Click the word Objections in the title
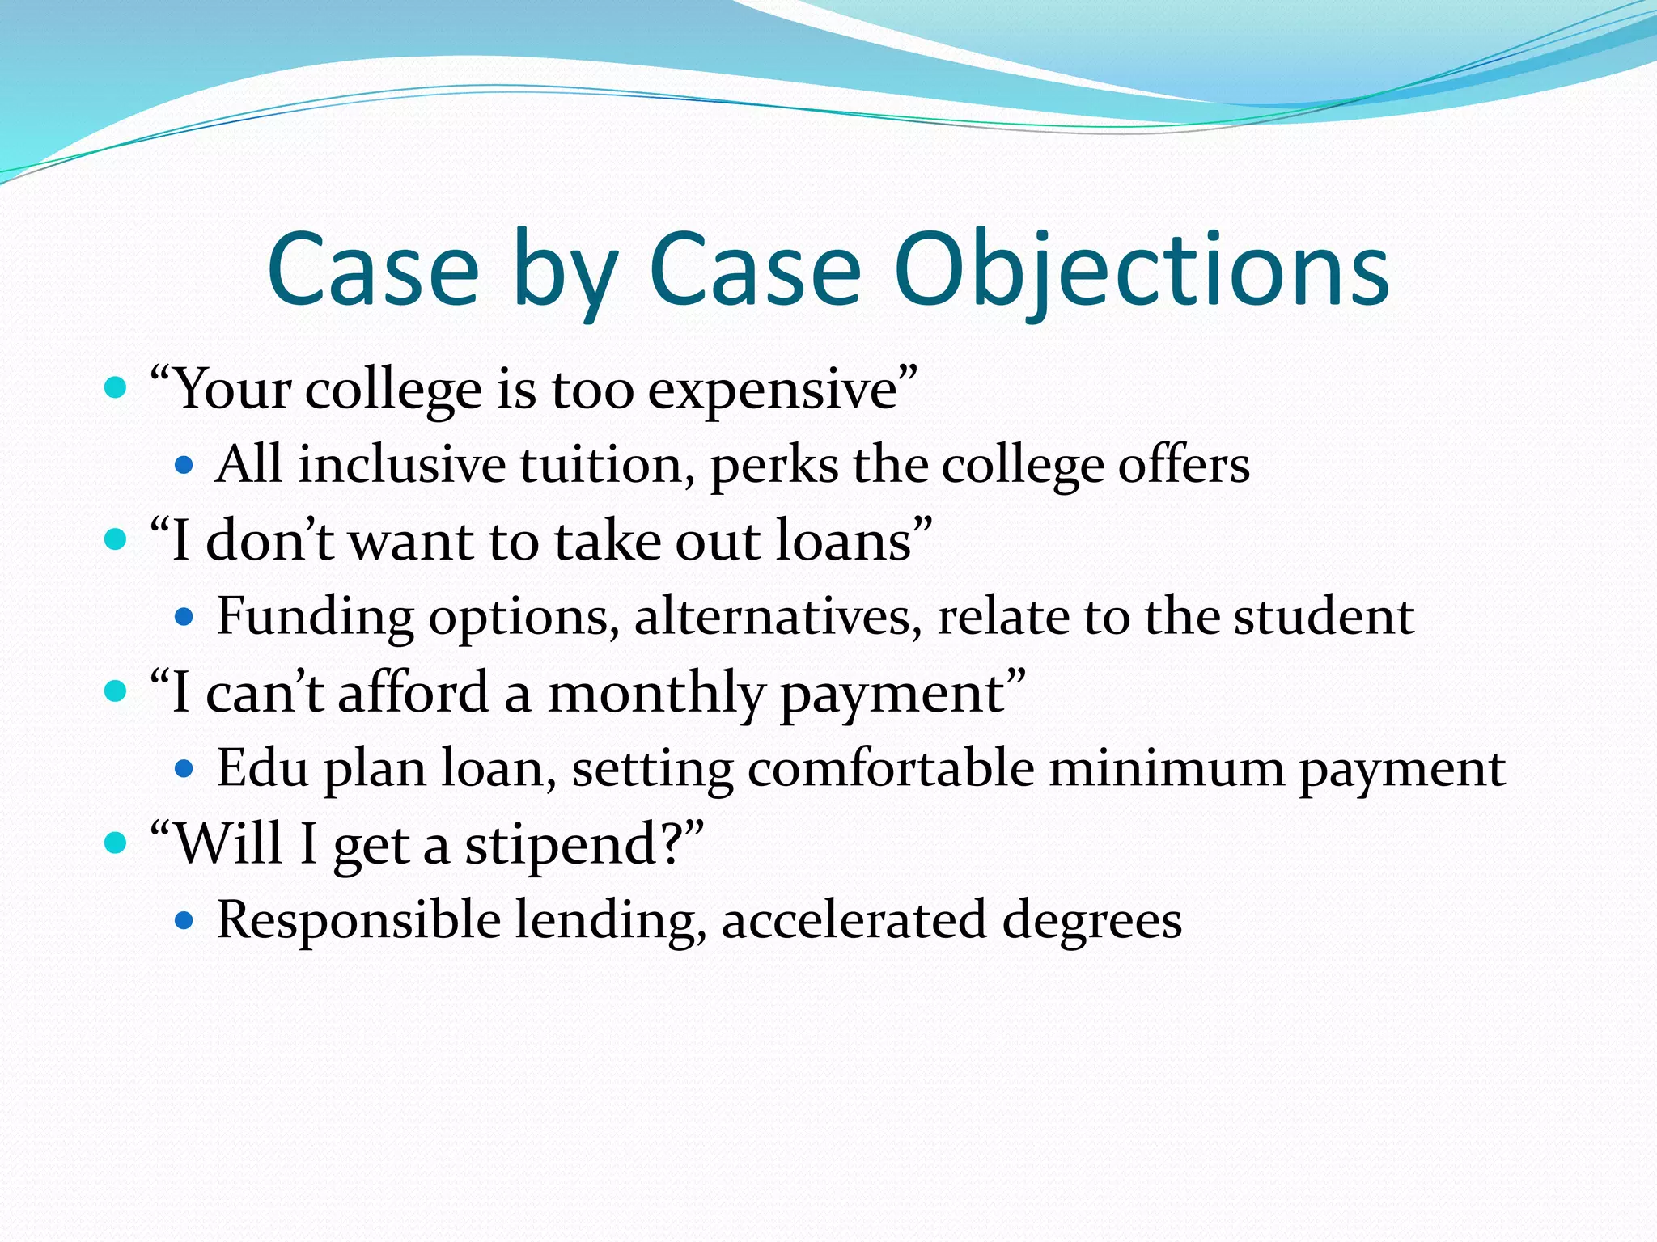click(x=1142, y=271)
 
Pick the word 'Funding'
click(x=315, y=617)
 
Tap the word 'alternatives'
click(x=778, y=617)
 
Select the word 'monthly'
click(x=655, y=694)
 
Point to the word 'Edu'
click(x=263, y=767)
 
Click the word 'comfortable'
click(x=891, y=767)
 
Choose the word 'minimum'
click(x=1167, y=767)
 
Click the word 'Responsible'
click(x=358, y=920)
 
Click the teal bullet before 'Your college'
click(x=117, y=389)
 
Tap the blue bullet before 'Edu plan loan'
click(x=184, y=768)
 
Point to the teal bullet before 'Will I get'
click(x=117, y=843)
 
